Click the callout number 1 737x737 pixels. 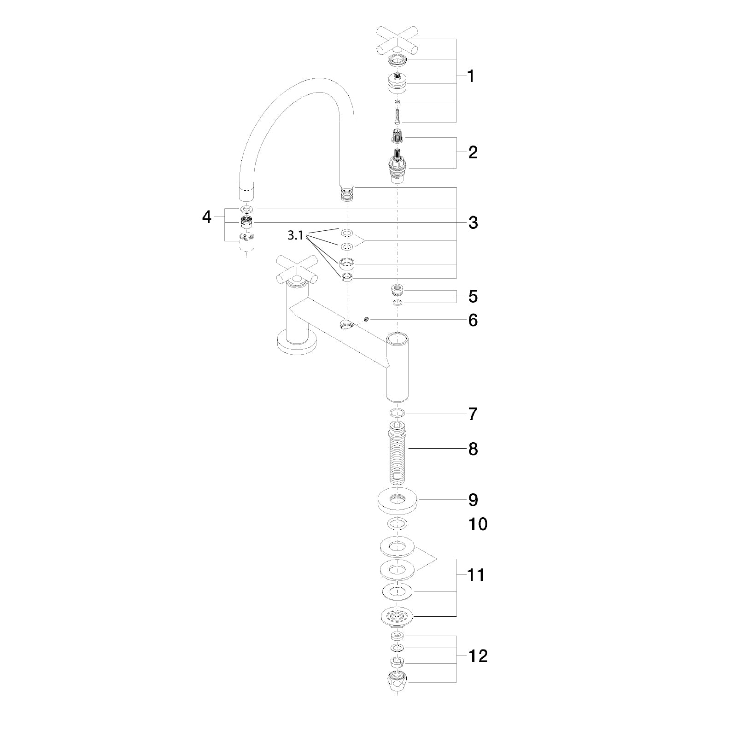pyautogui.click(x=470, y=76)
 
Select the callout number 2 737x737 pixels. pyautogui.click(x=473, y=152)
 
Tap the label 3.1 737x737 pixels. pyautogui.click(x=295, y=235)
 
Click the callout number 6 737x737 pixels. pyautogui.click(x=473, y=320)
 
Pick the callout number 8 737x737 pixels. pyautogui.click(x=473, y=449)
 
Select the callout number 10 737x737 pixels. pyautogui.click(x=477, y=524)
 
